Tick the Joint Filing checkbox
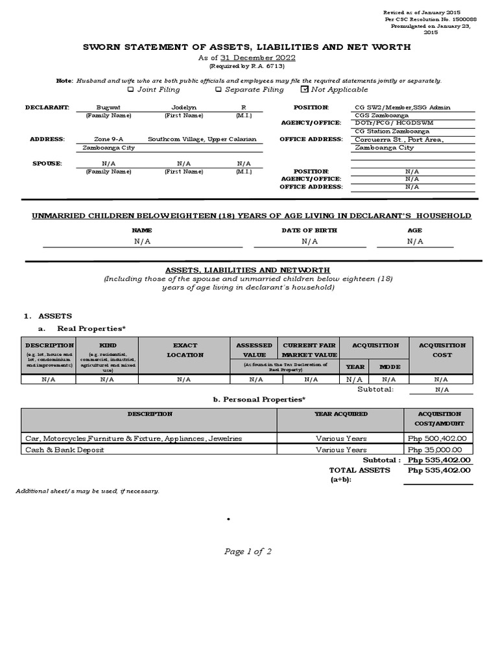click(x=131, y=89)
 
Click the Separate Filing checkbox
click(x=219, y=89)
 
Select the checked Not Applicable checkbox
click(x=305, y=89)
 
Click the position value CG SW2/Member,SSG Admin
click(x=403, y=107)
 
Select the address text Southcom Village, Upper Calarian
click(x=202, y=139)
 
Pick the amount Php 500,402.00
click(x=440, y=438)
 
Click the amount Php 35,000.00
click(x=440, y=449)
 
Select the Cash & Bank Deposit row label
click(x=64, y=449)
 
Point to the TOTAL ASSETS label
click(x=360, y=470)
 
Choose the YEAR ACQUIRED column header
click(x=341, y=414)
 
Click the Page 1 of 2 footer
click(x=248, y=552)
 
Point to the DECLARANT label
click(x=47, y=107)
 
